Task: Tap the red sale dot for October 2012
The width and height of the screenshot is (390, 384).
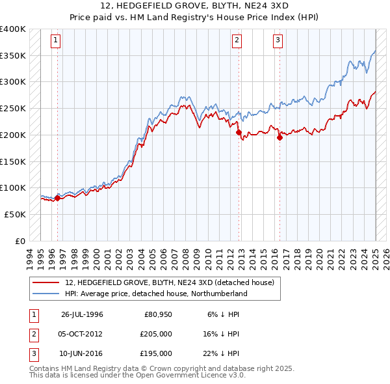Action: point(239,132)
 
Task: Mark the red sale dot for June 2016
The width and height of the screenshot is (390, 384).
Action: point(279,137)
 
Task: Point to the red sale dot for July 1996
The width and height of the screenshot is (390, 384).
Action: point(57,198)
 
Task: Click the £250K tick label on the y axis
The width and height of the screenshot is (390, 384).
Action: point(13,109)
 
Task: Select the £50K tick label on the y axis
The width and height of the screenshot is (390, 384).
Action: point(16,214)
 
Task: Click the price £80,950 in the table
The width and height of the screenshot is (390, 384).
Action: point(158,314)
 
